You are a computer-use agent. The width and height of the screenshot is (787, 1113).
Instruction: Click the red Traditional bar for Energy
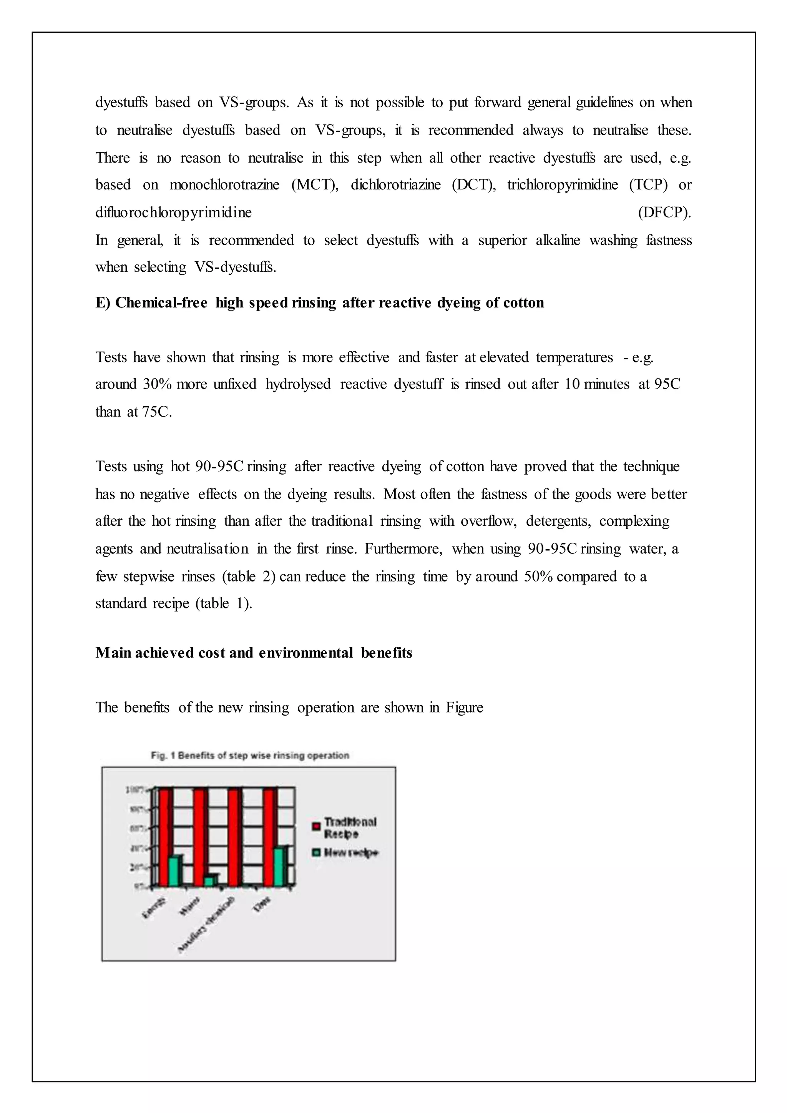tap(165, 837)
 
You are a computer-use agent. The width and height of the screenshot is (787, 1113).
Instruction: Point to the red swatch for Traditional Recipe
tap(316, 826)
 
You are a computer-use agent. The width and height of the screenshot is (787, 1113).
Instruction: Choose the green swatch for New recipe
tap(316, 852)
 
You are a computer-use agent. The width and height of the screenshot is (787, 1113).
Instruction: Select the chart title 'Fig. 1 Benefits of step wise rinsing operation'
tap(249, 755)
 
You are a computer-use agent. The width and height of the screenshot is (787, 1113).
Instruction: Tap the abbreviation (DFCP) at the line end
tap(664, 212)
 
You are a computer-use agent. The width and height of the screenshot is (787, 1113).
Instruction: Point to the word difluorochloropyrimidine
tap(173, 212)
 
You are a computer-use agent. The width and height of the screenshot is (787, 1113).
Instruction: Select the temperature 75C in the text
tap(156, 412)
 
